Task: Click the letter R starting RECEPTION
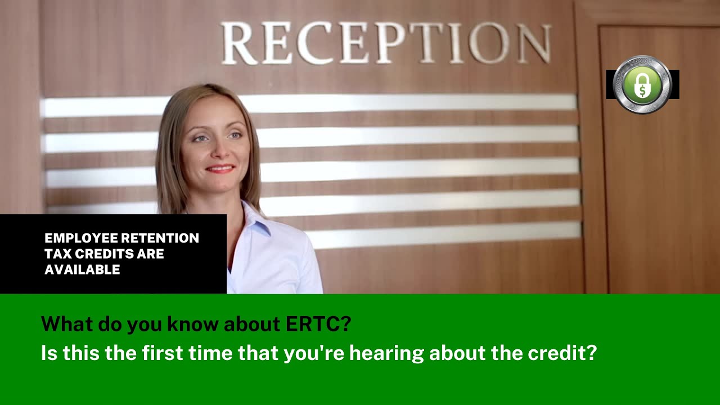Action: coord(238,43)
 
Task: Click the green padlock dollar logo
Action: coord(642,84)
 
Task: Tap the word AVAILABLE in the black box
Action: coord(82,270)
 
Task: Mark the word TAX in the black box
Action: coord(57,254)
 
